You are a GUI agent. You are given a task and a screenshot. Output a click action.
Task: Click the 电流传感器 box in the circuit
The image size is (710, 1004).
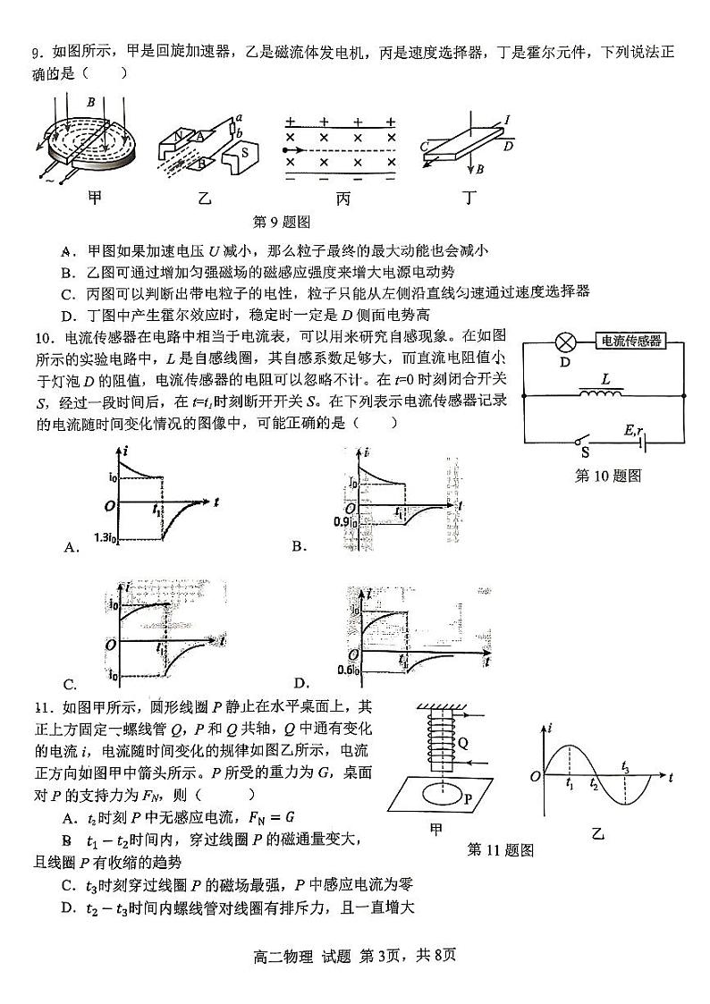tap(631, 341)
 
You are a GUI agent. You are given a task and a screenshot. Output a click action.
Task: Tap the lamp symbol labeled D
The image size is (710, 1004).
tap(564, 342)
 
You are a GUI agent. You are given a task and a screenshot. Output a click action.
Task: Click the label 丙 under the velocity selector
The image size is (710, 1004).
tap(343, 198)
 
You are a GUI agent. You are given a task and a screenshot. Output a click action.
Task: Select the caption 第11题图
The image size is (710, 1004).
tap(501, 849)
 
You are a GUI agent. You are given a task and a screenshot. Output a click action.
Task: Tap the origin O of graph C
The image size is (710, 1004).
tap(108, 643)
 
